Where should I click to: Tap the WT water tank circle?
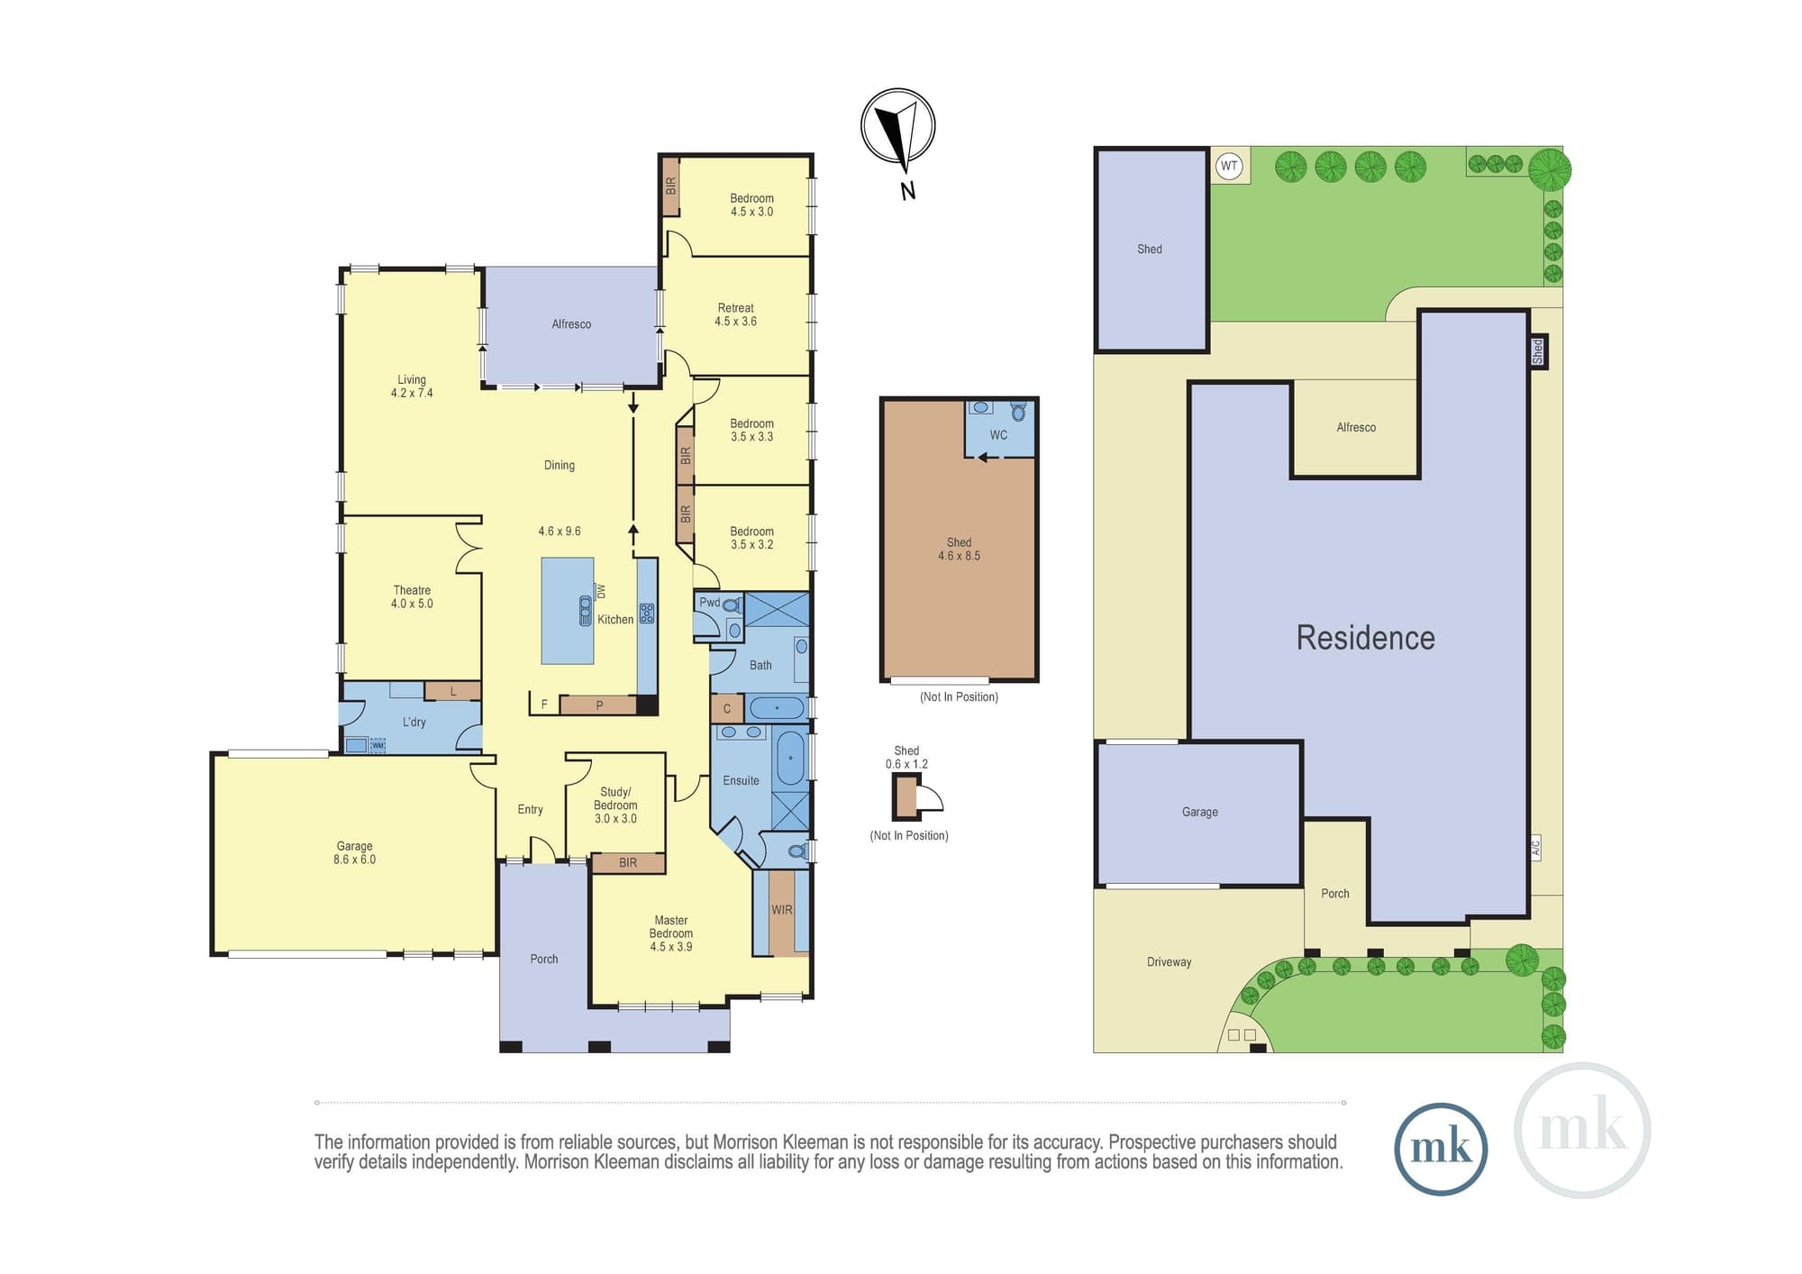pyautogui.click(x=1229, y=166)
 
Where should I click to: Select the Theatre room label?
pyautogui.click(x=412, y=596)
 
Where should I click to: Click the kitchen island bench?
pyautogui.click(x=568, y=611)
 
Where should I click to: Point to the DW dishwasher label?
pyautogui.click(x=601, y=591)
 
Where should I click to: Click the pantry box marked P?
pyautogui.click(x=599, y=705)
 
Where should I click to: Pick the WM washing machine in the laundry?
pyautogui.click(x=378, y=745)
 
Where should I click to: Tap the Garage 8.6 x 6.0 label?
pyautogui.click(x=354, y=852)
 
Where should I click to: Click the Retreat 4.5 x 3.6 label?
pyautogui.click(x=735, y=314)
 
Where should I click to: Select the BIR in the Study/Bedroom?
pyautogui.click(x=628, y=863)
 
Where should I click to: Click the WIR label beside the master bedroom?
pyautogui.click(x=782, y=910)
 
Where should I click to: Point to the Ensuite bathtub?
pyautogui.click(x=790, y=758)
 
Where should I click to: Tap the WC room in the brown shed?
pyautogui.click(x=999, y=429)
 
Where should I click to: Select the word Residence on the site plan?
pyautogui.click(x=1365, y=638)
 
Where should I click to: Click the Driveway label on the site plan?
pyautogui.click(x=1169, y=962)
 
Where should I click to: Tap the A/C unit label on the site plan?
pyautogui.click(x=1535, y=847)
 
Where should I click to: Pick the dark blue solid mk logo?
pyautogui.click(x=1440, y=1149)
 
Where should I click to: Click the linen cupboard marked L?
pyautogui.click(x=452, y=691)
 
